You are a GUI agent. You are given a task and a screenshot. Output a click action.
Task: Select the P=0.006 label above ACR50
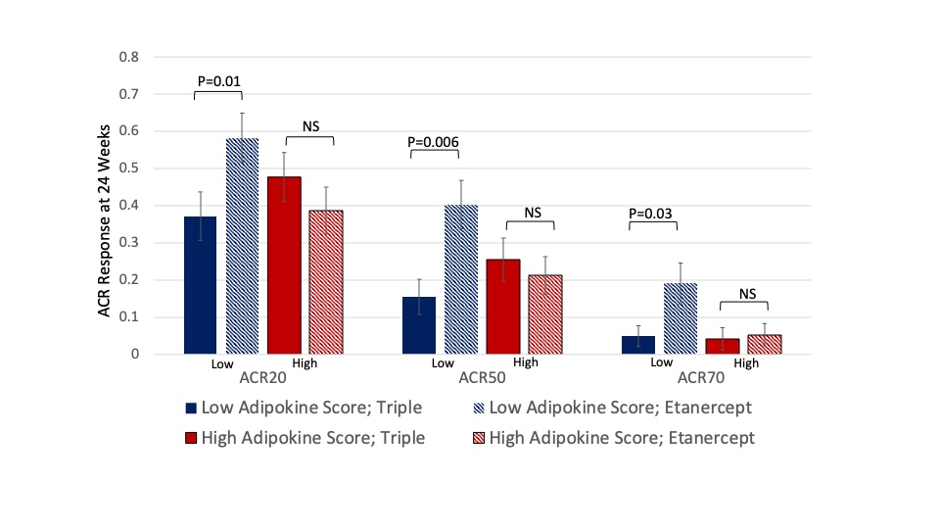click(434, 141)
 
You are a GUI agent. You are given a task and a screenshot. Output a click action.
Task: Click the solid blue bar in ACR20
click(201, 285)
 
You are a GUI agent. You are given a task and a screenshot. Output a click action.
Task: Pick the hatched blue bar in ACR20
click(243, 246)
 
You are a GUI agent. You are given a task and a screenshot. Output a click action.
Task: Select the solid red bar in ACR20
click(284, 264)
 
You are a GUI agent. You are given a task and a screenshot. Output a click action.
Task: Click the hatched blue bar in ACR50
click(461, 279)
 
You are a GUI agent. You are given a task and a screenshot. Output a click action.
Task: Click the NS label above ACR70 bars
click(747, 292)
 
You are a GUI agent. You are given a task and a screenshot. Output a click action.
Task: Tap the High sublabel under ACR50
click(526, 362)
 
